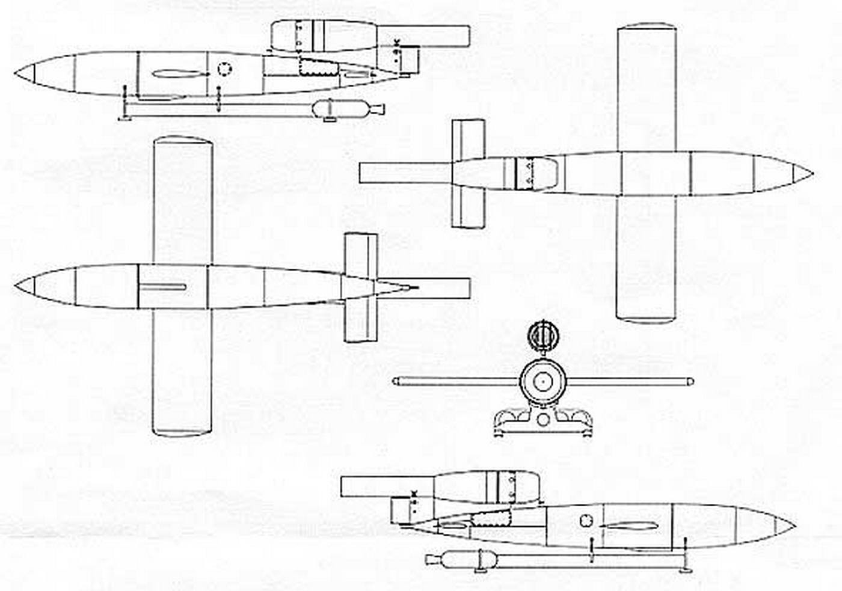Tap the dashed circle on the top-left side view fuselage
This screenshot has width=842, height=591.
223,70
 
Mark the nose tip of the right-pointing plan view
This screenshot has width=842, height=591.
812,174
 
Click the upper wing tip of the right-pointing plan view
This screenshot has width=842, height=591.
647,27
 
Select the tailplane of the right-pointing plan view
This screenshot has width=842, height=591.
469,174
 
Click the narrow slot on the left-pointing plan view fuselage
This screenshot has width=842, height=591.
162,287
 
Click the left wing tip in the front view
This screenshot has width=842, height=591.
395,381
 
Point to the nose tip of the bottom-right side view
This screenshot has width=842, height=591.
794,527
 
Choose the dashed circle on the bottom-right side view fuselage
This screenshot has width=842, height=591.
586,521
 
